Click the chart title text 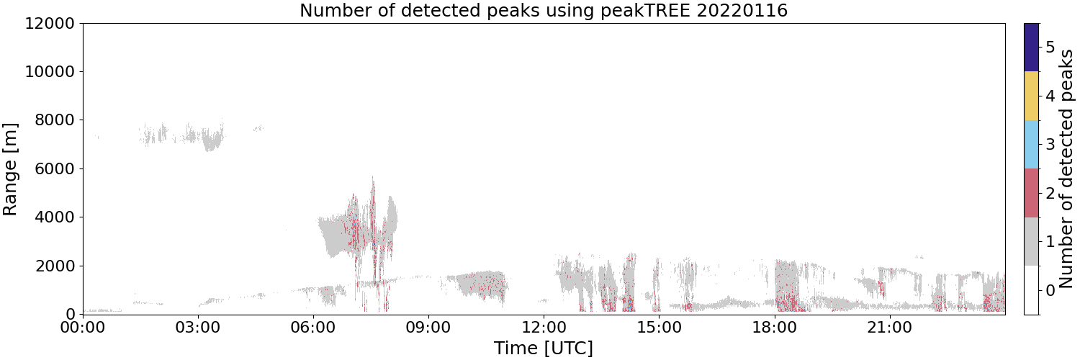pos(544,10)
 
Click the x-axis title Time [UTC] pos(544,348)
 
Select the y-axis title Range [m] pos(10,169)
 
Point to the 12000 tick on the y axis pos(50,23)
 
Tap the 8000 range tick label pos(55,120)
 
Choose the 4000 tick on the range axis pos(55,217)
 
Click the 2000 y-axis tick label pos(55,266)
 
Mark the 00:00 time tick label pos(83,328)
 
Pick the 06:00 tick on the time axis pos(313,328)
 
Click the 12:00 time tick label pos(544,328)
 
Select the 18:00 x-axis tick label pos(774,328)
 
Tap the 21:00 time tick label pos(889,328)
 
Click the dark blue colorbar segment pos(1031,48)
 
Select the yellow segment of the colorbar pos(1031,96)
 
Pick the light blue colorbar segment pos(1031,145)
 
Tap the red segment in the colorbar pos(1031,193)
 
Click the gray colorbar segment pos(1031,241)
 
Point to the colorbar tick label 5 pos(1050,48)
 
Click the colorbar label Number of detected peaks pos(1068,169)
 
